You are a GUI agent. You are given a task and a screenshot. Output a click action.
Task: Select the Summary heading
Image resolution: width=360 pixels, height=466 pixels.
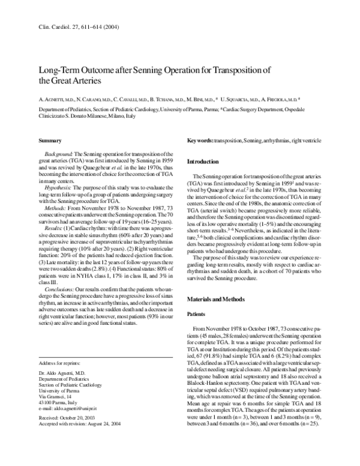[50, 124]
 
